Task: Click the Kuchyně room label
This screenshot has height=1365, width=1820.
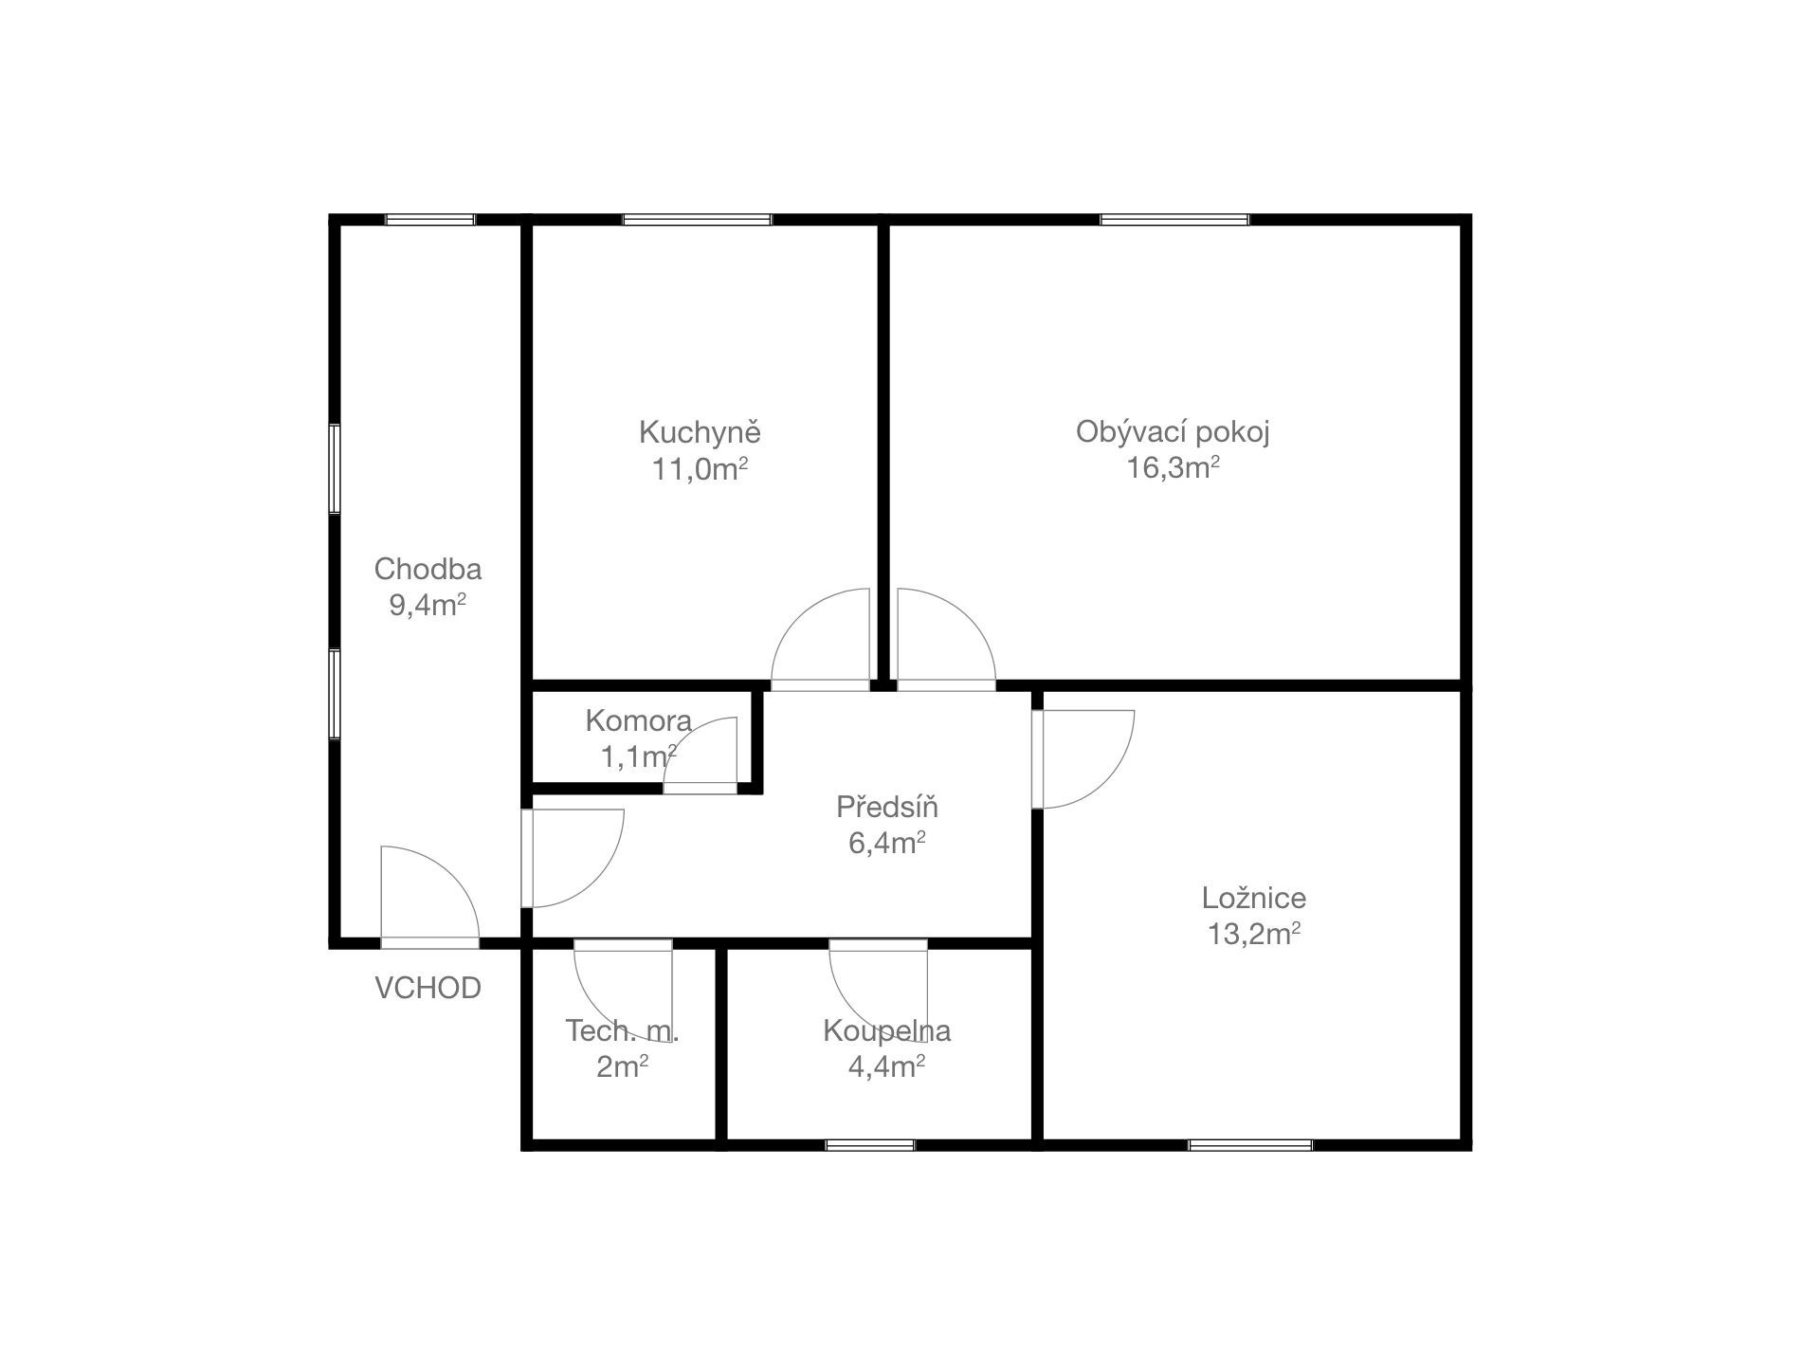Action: click(700, 433)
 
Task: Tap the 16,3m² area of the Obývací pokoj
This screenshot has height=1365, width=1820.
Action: click(1173, 467)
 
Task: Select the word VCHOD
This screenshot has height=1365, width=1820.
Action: click(428, 989)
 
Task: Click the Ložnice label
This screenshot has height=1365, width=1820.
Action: click(1254, 899)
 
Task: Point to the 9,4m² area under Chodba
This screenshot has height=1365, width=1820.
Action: click(428, 605)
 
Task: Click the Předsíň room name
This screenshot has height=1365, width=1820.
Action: click(887, 807)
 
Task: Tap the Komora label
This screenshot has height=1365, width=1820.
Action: click(638, 721)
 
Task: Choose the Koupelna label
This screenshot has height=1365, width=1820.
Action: click(887, 1031)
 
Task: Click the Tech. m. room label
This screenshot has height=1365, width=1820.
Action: click(622, 1031)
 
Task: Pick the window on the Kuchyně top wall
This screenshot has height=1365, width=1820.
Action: click(697, 220)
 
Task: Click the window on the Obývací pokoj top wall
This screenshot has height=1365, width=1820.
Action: click(1174, 220)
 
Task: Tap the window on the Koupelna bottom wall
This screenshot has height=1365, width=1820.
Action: click(870, 1145)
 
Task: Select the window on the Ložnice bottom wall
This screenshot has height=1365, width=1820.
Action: click(1250, 1145)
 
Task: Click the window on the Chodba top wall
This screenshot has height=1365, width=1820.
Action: click(429, 220)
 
